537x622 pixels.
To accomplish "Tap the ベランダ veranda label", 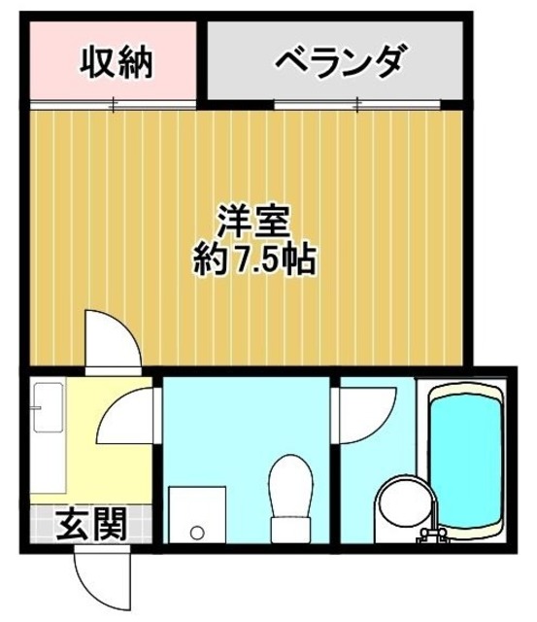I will pos(337,64).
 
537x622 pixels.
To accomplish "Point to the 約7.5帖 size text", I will pos(256,260).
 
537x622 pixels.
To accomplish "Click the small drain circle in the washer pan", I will pos(197,532).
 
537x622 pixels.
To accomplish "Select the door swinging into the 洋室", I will pos(109,340).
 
